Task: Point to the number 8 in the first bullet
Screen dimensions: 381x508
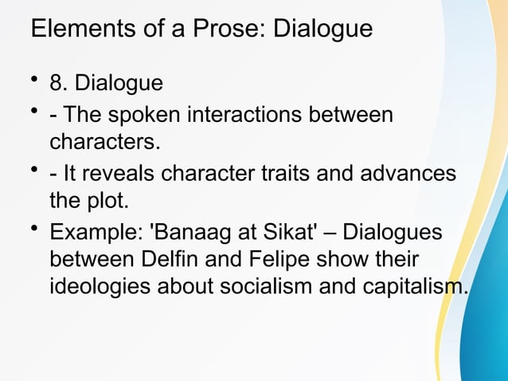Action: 56,84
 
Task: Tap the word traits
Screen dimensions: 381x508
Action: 293,174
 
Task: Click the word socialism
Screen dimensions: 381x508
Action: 266,287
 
